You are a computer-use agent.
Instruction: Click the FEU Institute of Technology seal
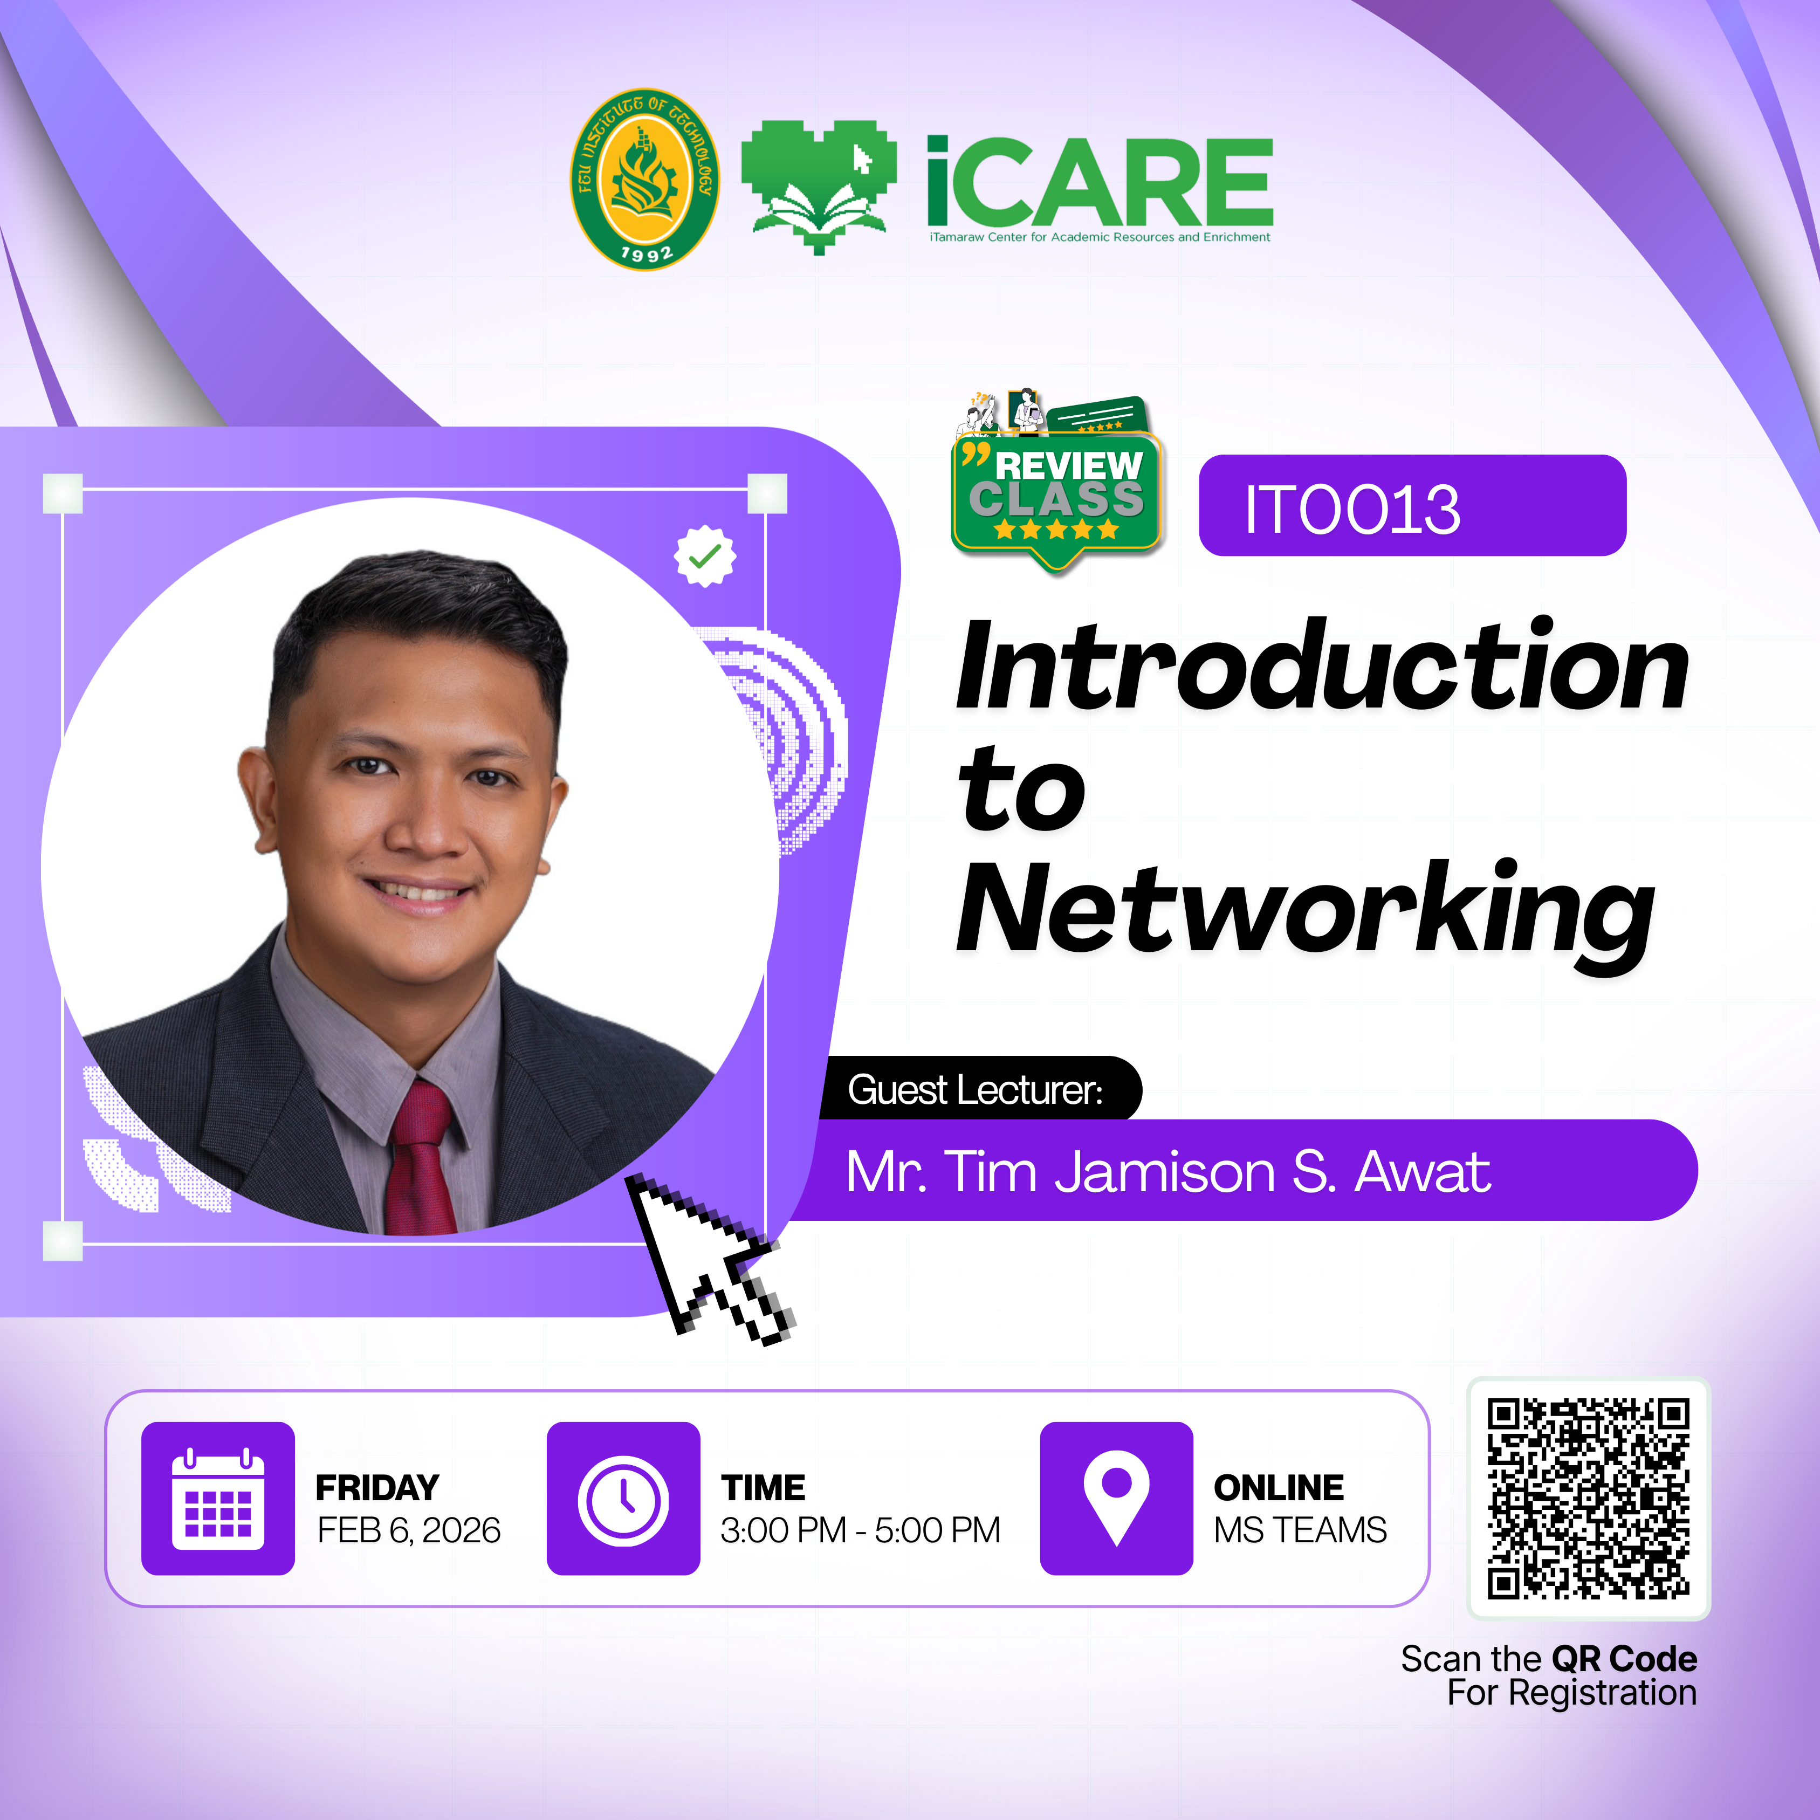pos(645,179)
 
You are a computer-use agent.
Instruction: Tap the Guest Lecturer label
pos(975,1090)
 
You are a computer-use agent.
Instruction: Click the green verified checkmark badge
pos(705,557)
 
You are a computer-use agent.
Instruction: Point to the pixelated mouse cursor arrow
pos(711,1258)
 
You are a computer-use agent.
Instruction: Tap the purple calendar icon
pos(218,1498)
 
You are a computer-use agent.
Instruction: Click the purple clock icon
pos(623,1498)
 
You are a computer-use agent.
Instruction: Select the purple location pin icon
pos(1116,1498)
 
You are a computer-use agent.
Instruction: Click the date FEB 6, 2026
pos(409,1531)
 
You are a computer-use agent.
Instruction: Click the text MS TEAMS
pos(1300,1531)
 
